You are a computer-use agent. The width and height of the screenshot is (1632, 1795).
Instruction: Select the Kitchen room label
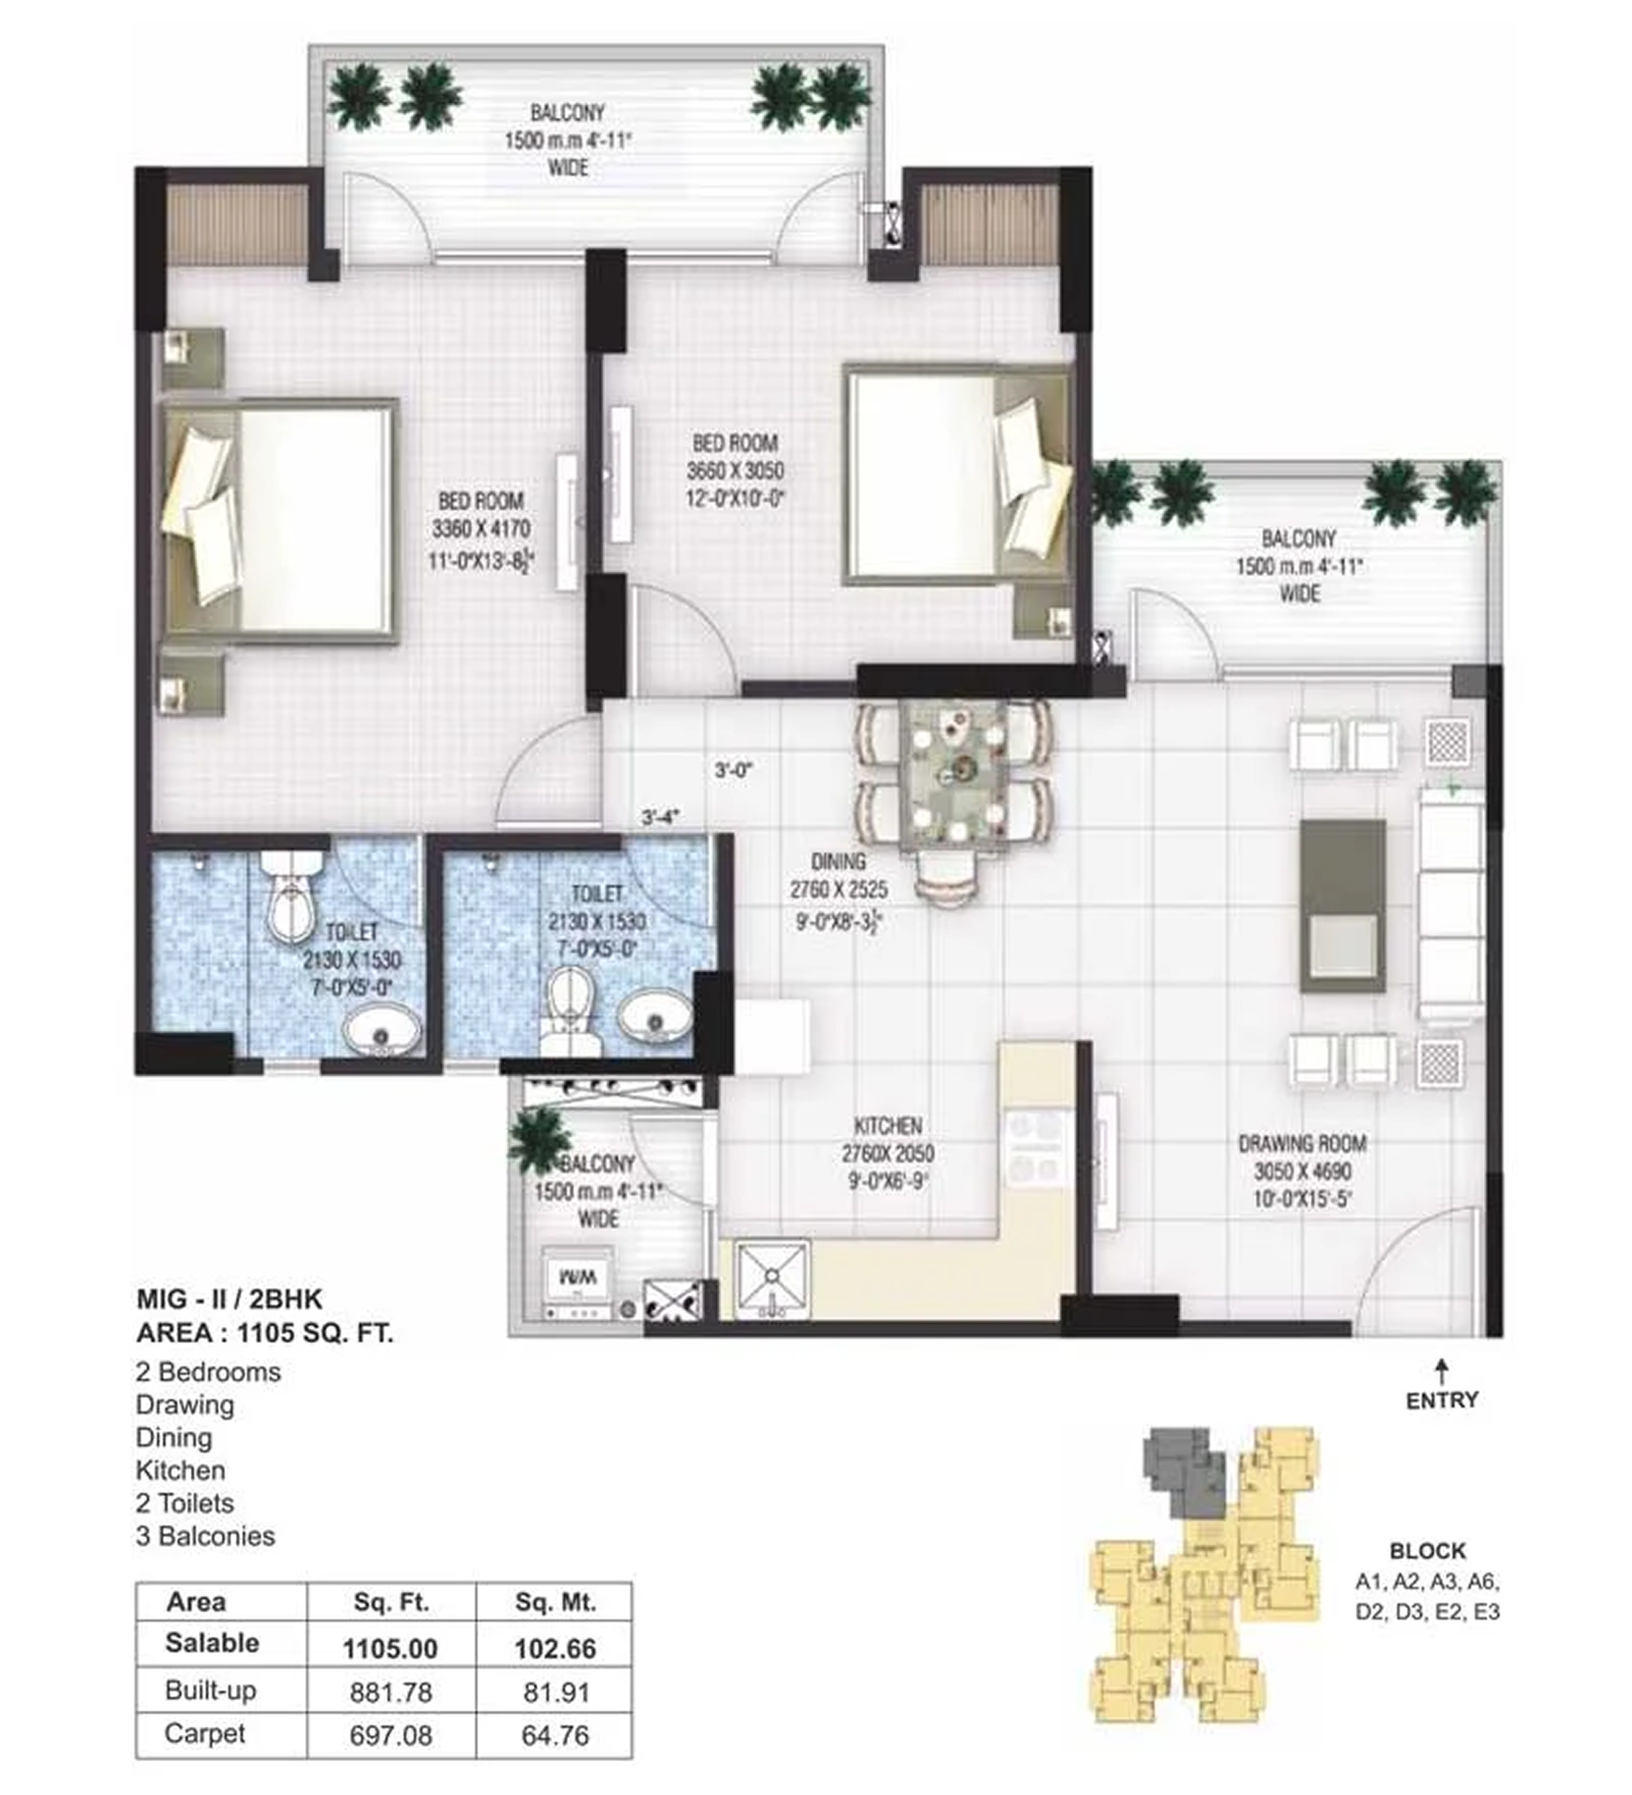(888, 1125)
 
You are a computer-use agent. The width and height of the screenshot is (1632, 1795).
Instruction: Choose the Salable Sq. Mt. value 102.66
(555, 1649)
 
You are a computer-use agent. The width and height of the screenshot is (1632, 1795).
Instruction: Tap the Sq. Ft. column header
(391, 1603)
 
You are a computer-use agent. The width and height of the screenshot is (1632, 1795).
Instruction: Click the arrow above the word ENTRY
(1441, 1372)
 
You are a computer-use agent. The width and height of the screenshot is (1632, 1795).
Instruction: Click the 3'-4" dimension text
(660, 816)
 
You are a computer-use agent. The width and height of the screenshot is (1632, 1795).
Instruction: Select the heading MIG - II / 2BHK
(229, 1299)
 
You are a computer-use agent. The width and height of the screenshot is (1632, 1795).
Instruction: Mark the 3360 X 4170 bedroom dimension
(481, 529)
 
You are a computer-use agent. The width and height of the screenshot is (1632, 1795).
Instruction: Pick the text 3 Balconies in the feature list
(206, 1536)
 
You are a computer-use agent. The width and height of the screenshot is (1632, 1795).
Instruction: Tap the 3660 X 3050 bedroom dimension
(735, 471)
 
